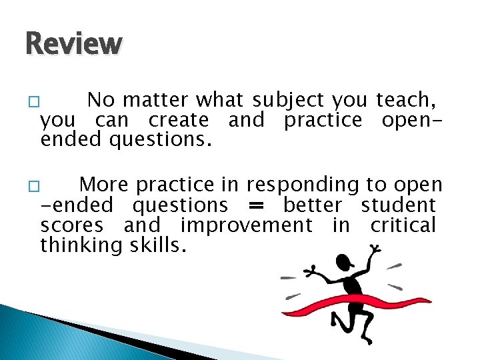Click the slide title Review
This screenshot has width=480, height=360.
(x=74, y=45)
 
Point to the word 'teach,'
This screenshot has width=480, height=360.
(x=407, y=101)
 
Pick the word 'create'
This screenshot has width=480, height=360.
(x=178, y=121)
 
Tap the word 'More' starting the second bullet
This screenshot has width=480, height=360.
(x=99, y=184)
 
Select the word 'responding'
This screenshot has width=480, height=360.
(x=304, y=185)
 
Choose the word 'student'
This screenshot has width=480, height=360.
(x=398, y=205)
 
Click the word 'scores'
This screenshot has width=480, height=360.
(x=71, y=225)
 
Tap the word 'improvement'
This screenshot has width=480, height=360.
(x=246, y=225)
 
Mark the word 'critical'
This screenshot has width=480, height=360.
(x=403, y=225)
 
